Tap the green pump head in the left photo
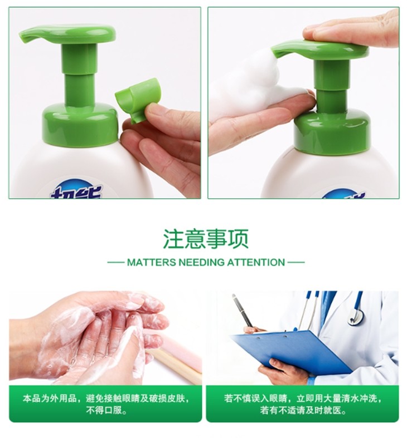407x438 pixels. pyautogui.click(x=67, y=35)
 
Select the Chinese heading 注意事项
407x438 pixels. pyautogui.click(x=206, y=239)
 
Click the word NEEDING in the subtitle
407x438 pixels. pyautogui.click(x=201, y=263)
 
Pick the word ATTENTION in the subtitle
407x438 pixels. pyautogui.click(x=256, y=263)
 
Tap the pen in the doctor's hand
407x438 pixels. pyautogui.click(x=243, y=310)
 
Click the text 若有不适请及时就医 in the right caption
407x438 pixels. pyautogui.click(x=303, y=410)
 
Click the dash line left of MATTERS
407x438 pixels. pyautogui.click(x=115, y=263)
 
